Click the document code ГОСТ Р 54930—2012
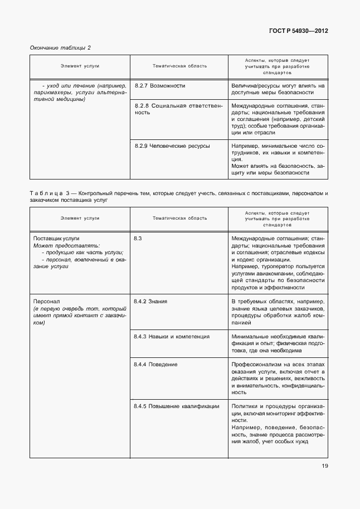(x=299, y=31)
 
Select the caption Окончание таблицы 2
(x=60, y=47)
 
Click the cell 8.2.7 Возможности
(x=160, y=86)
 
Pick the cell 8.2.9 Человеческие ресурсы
(x=172, y=146)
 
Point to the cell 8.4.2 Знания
(x=150, y=301)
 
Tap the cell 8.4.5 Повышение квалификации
(x=176, y=406)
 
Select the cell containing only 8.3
(x=138, y=238)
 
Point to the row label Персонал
(x=45, y=301)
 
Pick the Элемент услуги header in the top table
(x=80, y=66)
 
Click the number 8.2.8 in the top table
(x=143, y=105)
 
